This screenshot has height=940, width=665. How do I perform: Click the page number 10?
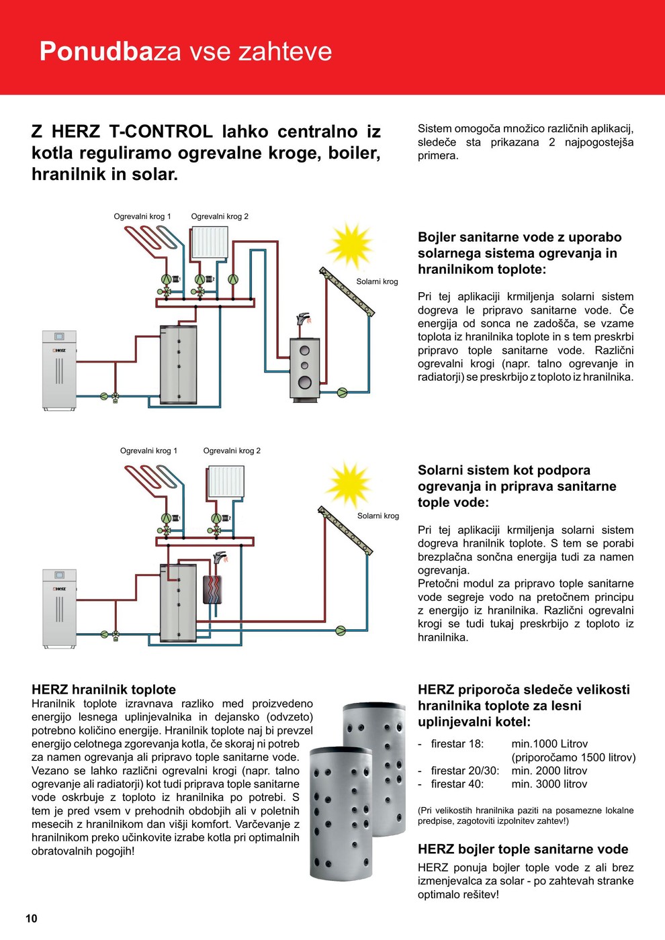[32, 919]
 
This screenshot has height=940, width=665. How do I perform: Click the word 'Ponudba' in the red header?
[96, 52]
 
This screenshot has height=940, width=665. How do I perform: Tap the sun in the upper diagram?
[349, 244]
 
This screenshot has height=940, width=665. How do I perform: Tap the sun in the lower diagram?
[348, 483]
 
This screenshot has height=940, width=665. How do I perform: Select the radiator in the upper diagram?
[210, 242]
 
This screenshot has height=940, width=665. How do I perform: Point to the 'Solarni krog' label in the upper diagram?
[377, 281]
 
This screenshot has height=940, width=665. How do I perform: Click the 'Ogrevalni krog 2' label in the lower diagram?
[232, 451]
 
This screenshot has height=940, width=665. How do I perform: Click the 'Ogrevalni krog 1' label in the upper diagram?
[142, 216]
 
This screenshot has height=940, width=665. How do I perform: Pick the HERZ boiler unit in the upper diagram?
[59, 369]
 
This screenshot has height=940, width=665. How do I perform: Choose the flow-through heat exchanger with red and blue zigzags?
[212, 589]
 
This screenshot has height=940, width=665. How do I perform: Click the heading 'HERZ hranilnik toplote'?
[103, 690]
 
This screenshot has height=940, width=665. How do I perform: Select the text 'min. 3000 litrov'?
[549, 784]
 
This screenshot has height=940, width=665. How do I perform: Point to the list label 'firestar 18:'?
[457, 744]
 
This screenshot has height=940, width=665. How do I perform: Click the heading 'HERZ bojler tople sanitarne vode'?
[523, 849]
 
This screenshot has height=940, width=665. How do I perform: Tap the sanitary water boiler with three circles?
[304, 369]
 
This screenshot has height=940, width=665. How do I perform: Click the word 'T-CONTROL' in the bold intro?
[160, 132]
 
